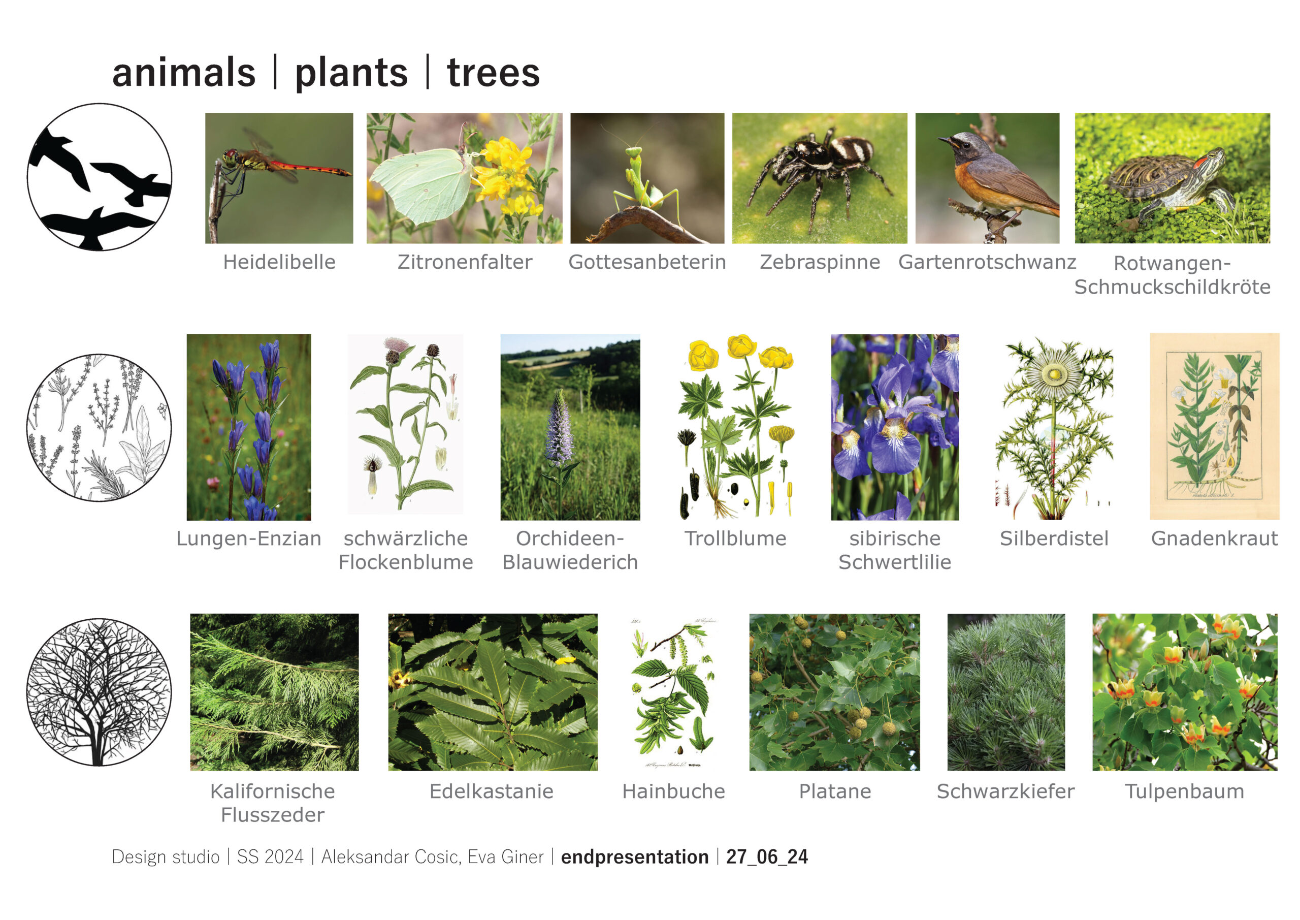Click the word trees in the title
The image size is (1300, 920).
[x=493, y=73]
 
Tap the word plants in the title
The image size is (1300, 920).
[x=351, y=74]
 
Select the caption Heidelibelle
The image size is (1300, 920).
[x=279, y=262]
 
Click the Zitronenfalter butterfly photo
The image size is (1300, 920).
[x=464, y=178]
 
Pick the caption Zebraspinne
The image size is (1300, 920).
[x=820, y=262]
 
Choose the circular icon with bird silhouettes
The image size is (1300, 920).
[x=100, y=177]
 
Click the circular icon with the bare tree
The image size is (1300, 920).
[x=100, y=692]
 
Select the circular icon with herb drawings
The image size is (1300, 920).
[x=100, y=428]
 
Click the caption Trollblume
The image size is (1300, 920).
[x=735, y=538]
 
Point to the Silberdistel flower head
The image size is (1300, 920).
[x=1054, y=374]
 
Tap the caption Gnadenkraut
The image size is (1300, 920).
[x=1215, y=538]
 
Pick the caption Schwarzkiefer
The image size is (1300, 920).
[x=1005, y=791]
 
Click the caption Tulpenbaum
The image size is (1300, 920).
[x=1185, y=791]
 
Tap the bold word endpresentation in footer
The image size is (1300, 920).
[x=635, y=856]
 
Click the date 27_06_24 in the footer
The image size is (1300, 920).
[x=767, y=856]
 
